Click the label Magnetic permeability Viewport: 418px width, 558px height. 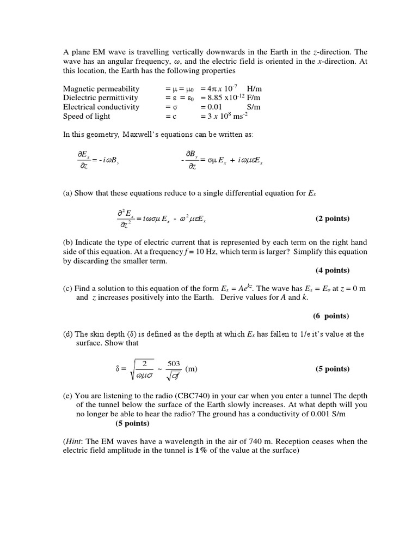point(101,88)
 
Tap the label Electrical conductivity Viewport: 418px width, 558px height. point(101,107)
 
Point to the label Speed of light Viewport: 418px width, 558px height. point(87,116)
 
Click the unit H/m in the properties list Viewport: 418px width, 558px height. point(254,88)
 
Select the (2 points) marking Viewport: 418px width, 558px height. point(333,219)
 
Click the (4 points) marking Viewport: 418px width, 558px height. point(333,270)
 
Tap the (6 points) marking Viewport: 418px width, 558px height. point(331,316)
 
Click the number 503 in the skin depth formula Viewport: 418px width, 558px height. point(174,363)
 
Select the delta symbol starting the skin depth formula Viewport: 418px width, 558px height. point(117,369)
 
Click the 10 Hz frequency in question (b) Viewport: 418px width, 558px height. point(207,252)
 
